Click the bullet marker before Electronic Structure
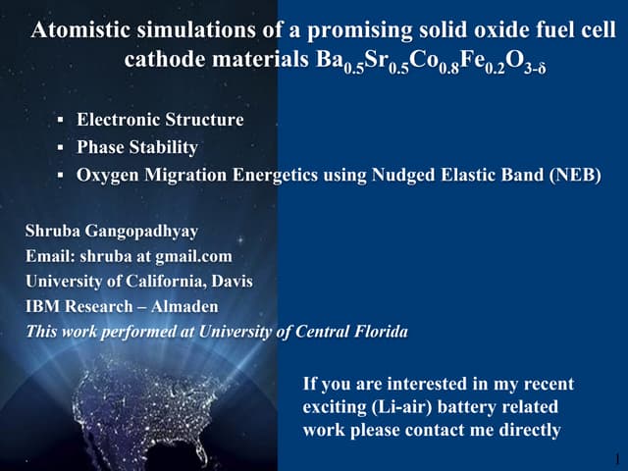click(x=61, y=120)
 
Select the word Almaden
click(x=183, y=306)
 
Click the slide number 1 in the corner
click(x=615, y=457)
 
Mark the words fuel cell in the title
click(x=561, y=30)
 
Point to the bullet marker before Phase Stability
click(x=61, y=148)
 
